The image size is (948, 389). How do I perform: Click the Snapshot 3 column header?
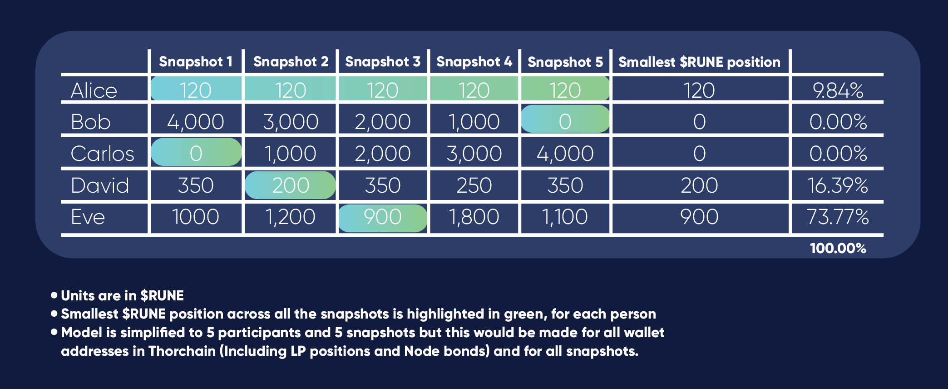coord(383,61)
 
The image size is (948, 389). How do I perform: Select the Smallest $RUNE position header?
coord(699,62)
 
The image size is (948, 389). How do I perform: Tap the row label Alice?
coord(94,90)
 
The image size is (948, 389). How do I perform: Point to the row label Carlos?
coord(103,154)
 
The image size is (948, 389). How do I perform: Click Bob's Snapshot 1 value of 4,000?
coord(196,122)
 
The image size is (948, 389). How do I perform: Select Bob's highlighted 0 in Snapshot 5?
coord(565,121)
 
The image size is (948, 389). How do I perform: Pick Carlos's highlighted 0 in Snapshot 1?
coord(196,154)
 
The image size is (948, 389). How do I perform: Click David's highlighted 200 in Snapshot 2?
coord(291,185)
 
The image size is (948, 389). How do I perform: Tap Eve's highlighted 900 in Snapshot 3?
coord(383,217)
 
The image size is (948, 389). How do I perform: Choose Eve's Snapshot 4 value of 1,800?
coord(474,217)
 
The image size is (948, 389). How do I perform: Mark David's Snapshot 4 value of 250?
coord(474,185)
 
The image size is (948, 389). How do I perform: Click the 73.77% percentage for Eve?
coord(838,217)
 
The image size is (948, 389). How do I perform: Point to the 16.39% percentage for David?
coord(838,185)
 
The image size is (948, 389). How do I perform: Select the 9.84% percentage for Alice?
coord(838,90)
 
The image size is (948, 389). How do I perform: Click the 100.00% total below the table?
coord(838,248)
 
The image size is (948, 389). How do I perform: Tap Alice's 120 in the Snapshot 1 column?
coord(196,90)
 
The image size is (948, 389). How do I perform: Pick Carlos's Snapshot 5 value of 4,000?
coord(565,154)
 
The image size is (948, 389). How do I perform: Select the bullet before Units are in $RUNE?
coord(54,295)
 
